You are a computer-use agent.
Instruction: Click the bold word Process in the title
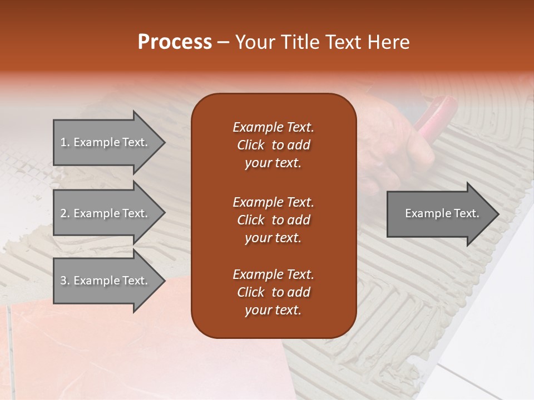175,42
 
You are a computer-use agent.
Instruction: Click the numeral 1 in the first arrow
63,142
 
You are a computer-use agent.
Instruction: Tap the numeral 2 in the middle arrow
63,213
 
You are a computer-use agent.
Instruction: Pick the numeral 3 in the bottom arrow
63,281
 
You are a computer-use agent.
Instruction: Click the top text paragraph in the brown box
273,145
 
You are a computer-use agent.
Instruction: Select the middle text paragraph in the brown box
273,219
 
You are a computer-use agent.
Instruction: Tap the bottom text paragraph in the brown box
273,292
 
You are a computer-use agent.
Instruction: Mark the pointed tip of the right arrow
497,214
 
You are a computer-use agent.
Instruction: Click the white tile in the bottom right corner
489,378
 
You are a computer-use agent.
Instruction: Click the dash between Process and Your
224,42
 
